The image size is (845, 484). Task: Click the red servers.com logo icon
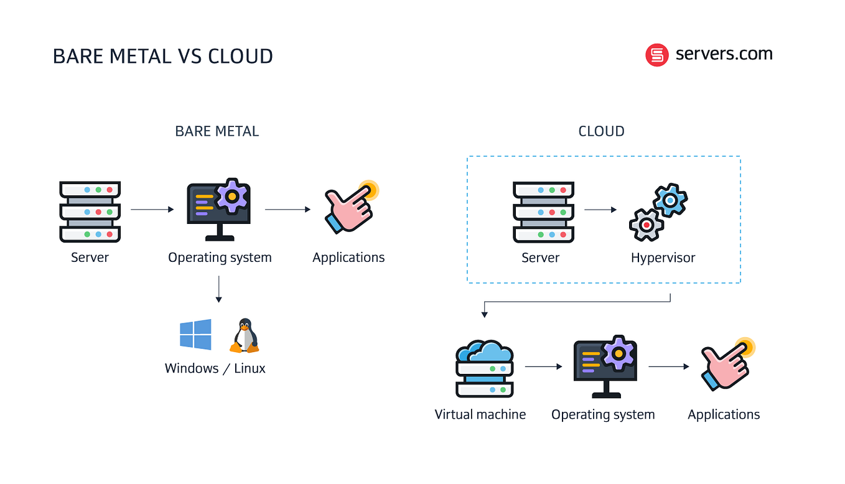tap(656, 55)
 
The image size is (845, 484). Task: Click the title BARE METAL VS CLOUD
tap(162, 56)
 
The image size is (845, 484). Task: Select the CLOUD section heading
tap(601, 131)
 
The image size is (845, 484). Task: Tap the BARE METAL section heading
tap(217, 131)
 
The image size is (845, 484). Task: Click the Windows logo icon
tap(195, 335)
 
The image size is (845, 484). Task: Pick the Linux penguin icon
tap(245, 336)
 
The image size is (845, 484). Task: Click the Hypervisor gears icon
tap(658, 212)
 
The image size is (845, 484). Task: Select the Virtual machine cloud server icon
tap(485, 368)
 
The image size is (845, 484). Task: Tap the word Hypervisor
tap(663, 258)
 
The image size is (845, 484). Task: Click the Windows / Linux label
tap(215, 368)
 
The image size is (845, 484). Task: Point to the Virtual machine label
tap(480, 414)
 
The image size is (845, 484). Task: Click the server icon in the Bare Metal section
tap(90, 212)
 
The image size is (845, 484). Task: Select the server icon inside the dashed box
tap(543, 212)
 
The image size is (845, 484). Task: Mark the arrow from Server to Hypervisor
tap(600, 210)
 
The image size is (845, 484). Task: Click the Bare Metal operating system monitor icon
tap(219, 210)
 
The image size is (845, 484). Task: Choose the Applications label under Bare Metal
tap(348, 258)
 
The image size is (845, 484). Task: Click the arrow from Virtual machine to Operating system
tap(543, 366)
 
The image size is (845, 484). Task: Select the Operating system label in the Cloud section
tap(603, 414)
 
